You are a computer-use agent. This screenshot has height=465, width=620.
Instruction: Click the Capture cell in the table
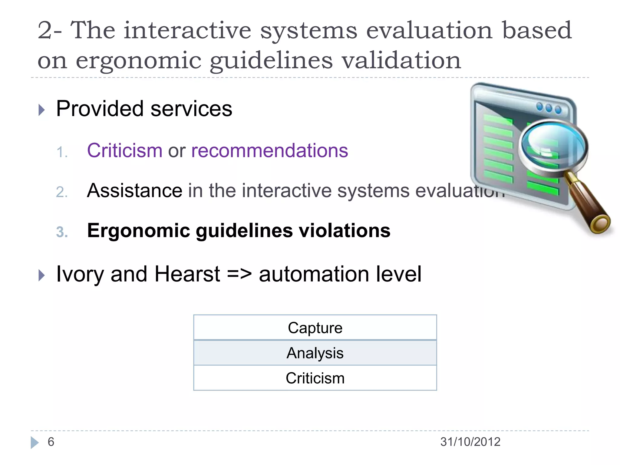pos(315,328)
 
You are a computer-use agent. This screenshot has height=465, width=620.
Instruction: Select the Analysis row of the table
pos(315,353)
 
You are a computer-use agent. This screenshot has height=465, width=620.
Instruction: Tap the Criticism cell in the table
pos(315,378)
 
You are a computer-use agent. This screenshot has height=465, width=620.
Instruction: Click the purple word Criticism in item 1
pos(125,150)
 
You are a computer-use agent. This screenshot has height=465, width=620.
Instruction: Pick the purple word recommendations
pos(269,150)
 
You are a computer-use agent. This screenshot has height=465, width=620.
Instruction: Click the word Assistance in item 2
pos(134,191)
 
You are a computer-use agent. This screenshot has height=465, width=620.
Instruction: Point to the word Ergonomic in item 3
pos(138,231)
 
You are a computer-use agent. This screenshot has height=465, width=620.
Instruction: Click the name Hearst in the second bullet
pos(187,274)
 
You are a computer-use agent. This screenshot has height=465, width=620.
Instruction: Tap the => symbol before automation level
pos(239,274)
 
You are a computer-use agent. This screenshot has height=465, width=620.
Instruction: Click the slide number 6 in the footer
pos(51,442)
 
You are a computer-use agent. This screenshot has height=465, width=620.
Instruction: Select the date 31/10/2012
pos(470,442)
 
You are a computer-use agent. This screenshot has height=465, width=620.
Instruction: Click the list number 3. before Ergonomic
pos(62,232)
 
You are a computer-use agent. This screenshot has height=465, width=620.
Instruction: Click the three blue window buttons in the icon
pos(549,108)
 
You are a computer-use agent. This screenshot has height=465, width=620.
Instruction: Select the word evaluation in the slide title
pos(429,30)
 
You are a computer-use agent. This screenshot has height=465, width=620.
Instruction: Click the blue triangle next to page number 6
pos(35,442)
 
